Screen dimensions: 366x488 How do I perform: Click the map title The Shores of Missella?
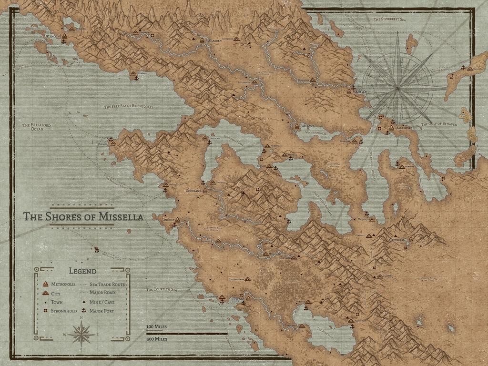pyautogui.click(x=83, y=217)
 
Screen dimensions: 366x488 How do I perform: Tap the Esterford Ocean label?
pyautogui.click(x=37, y=127)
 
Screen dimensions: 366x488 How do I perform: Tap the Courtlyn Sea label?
pyautogui.click(x=162, y=289)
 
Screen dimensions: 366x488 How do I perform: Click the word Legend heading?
pyautogui.click(x=82, y=272)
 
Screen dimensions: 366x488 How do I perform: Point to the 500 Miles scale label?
pyautogui.click(x=157, y=339)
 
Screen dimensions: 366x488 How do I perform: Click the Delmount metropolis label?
pyautogui.click(x=53, y=36)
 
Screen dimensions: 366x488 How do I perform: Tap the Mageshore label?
pyautogui.click(x=405, y=128)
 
